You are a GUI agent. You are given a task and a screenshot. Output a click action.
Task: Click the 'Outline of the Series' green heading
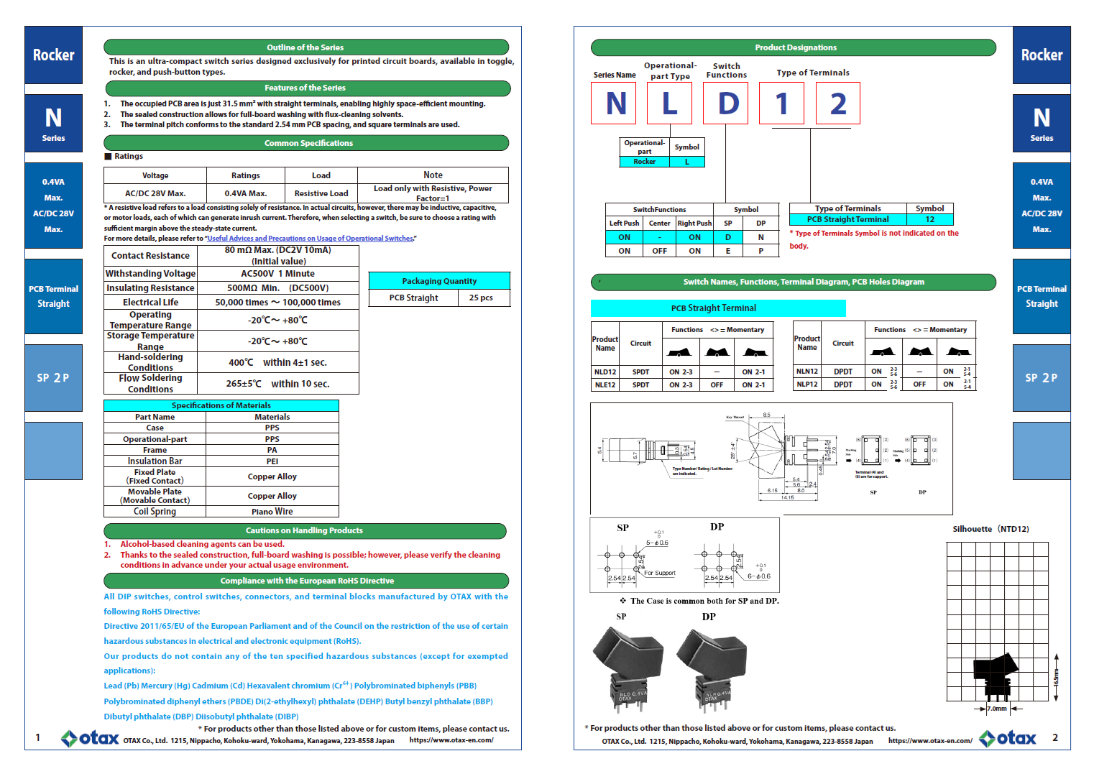pyautogui.click(x=305, y=47)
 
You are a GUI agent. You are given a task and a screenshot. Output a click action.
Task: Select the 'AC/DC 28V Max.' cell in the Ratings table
pyautogui.click(x=155, y=193)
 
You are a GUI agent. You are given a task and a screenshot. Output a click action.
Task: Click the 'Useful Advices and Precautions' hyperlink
pyautogui.click(x=310, y=239)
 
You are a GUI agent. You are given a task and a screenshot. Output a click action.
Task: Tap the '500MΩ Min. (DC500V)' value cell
pyautogui.click(x=277, y=288)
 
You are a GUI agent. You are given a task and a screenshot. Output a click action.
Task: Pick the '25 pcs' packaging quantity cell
pyautogui.click(x=481, y=298)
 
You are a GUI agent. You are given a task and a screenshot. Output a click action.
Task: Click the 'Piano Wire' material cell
pyautogui.click(x=272, y=512)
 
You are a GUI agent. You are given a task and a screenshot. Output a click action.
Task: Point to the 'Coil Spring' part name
pyautogui.click(x=155, y=512)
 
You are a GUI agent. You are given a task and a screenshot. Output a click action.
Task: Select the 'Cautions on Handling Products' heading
pyautogui.click(x=304, y=530)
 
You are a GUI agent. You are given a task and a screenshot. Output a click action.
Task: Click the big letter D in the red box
pyautogui.click(x=727, y=103)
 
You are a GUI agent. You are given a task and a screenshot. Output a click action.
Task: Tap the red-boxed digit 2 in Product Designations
pyautogui.click(x=838, y=103)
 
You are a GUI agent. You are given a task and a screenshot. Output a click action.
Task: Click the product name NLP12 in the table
pyautogui.click(x=807, y=384)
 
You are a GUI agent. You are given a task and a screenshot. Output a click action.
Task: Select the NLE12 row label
pyautogui.click(x=605, y=385)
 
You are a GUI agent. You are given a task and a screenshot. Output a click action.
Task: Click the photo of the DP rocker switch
pyautogui.click(x=712, y=668)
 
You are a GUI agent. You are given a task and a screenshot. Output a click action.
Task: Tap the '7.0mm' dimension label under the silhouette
pyautogui.click(x=996, y=709)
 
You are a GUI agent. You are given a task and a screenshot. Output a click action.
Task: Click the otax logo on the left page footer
pyautogui.click(x=91, y=738)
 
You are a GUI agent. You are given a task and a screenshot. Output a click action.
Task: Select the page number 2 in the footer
pyautogui.click(x=1055, y=737)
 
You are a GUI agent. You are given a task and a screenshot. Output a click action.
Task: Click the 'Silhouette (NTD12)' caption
pyautogui.click(x=990, y=529)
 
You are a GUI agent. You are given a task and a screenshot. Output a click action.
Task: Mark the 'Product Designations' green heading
pyautogui.click(x=795, y=47)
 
